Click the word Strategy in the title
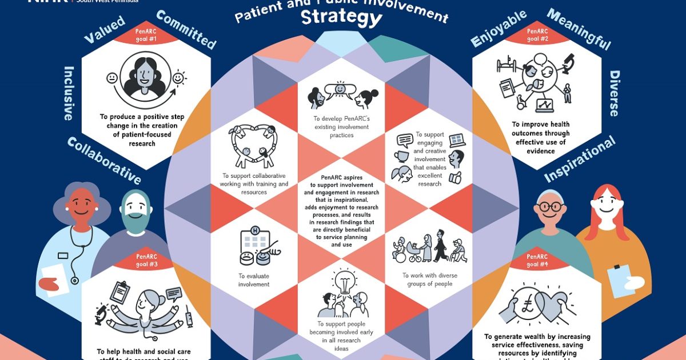point(341,18)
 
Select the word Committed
point(186,30)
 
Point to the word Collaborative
point(103,161)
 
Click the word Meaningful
point(579,29)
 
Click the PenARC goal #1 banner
point(145,35)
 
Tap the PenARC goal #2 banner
point(536,35)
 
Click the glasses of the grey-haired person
point(551,207)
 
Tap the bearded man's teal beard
point(136,221)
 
